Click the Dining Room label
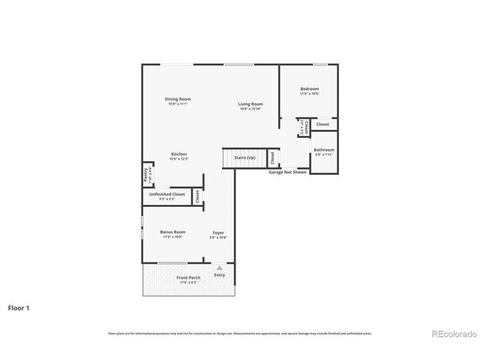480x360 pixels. click(x=178, y=99)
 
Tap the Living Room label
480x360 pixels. click(x=250, y=104)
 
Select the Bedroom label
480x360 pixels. click(x=310, y=88)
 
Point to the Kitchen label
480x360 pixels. click(x=178, y=154)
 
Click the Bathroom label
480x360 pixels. click(x=324, y=149)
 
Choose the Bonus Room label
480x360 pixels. click(x=172, y=232)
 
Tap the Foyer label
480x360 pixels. click(x=217, y=232)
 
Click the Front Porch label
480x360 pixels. click(x=187, y=277)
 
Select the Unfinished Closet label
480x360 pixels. click(x=167, y=194)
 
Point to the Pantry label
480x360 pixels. click(x=146, y=174)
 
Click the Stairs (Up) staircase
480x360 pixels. click(x=244, y=158)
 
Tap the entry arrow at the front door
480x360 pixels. click(x=219, y=267)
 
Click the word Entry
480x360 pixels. click(x=219, y=274)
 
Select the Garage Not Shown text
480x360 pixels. click(x=288, y=172)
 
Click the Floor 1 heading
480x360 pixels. click(x=19, y=307)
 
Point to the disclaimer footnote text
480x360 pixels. click(x=240, y=333)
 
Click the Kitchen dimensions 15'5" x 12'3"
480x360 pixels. click(x=178, y=159)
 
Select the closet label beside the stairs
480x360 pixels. click(x=272, y=158)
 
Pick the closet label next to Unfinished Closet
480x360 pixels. click(x=197, y=196)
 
